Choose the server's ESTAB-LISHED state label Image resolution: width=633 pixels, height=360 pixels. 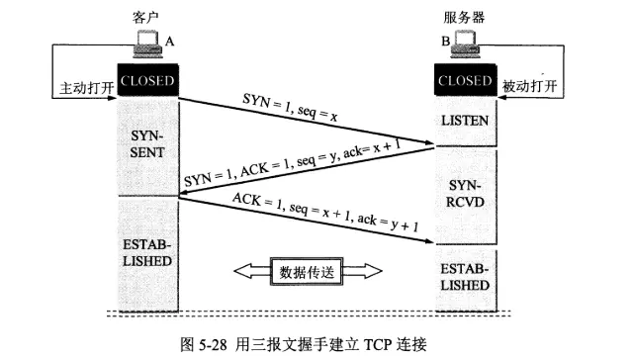click(x=465, y=277)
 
